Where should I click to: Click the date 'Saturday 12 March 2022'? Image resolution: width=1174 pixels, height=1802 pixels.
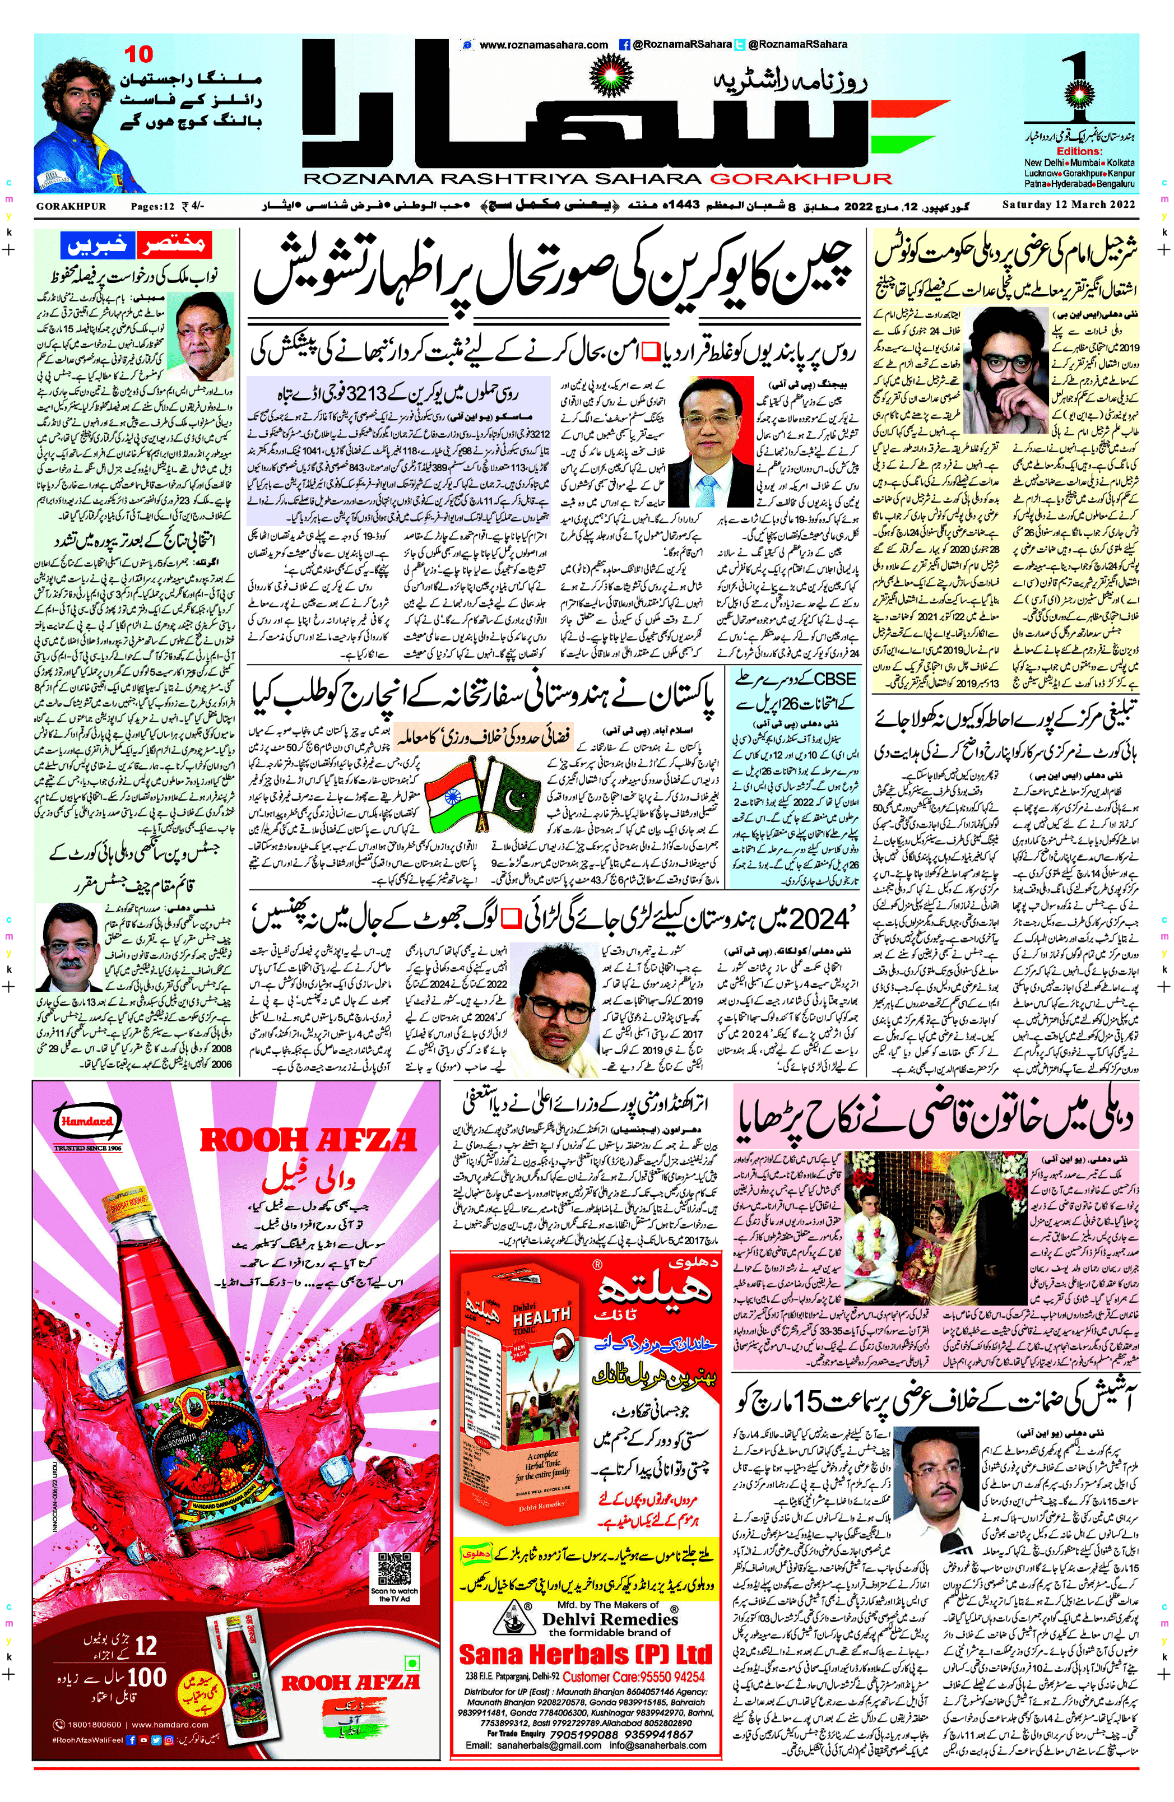point(1068,205)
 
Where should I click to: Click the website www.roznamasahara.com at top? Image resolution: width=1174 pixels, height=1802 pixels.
point(544,45)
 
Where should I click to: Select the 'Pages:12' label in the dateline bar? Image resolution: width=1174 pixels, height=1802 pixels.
point(152,206)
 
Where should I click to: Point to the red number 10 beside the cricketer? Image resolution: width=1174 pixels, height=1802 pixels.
point(138,54)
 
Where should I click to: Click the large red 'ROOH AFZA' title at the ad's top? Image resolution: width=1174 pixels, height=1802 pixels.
point(308,1141)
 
